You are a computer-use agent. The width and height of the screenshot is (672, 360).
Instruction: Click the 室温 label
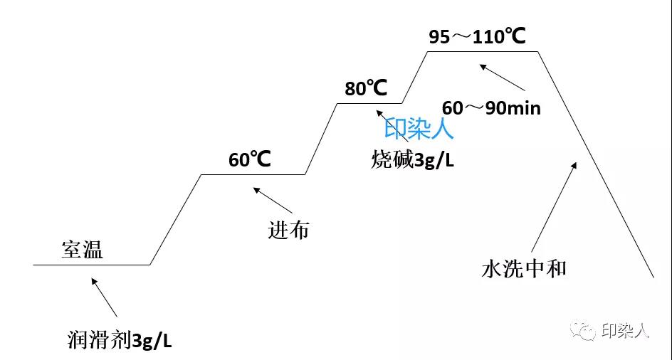(x=82, y=250)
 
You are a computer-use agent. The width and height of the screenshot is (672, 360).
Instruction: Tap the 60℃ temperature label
(x=250, y=159)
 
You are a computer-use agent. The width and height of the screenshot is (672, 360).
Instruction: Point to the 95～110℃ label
(x=477, y=36)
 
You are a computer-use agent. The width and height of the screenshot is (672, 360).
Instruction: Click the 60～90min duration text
(x=491, y=108)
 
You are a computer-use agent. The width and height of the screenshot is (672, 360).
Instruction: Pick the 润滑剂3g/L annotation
(x=117, y=339)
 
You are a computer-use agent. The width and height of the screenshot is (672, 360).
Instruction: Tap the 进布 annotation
(x=288, y=230)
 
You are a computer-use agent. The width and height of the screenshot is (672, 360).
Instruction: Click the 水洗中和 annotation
(x=524, y=269)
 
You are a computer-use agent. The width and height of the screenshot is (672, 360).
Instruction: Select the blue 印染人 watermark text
(x=419, y=129)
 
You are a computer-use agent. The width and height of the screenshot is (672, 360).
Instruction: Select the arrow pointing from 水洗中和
(x=554, y=206)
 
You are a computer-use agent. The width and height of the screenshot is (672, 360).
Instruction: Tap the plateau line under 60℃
(x=253, y=174)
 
